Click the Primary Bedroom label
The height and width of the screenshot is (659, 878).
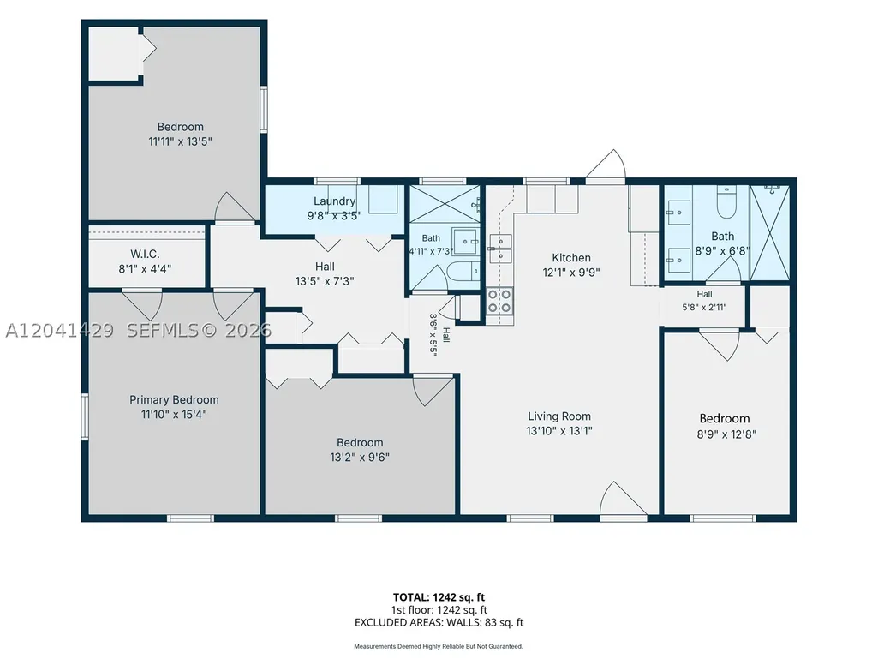[x=174, y=399]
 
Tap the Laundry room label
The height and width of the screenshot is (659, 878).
[x=334, y=201]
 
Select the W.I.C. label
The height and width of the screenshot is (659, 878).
[x=145, y=254]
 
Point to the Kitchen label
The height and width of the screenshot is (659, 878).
[x=571, y=258]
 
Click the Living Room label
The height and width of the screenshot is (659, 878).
[x=559, y=416]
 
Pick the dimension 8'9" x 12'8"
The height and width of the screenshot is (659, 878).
[x=726, y=434]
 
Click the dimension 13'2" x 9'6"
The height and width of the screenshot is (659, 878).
[x=360, y=458]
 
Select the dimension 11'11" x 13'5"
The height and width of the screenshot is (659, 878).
[x=180, y=141]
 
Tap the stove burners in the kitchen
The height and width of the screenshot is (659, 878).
[x=499, y=301]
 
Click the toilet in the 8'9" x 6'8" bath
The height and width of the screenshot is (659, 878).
[x=726, y=203]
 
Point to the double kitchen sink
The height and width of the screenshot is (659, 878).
[x=500, y=249]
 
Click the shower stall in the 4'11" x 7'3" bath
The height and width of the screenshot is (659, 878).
[x=445, y=204]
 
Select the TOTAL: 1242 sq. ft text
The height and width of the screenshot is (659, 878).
[x=439, y=597]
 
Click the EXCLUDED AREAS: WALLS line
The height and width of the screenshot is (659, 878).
[x=439, y=622]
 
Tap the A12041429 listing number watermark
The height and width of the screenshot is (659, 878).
[x=59, y=331]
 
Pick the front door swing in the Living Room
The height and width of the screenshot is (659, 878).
[x=623, y=498]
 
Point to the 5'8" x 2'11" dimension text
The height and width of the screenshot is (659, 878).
[x=704, y=307]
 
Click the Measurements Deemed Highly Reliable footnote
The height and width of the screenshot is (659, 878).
[x=439, y=647]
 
